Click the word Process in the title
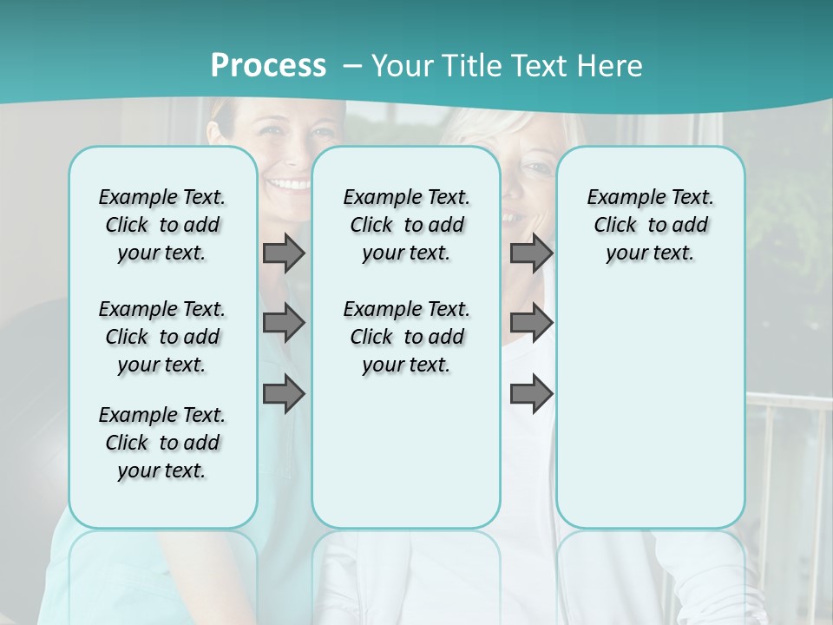[268, 66]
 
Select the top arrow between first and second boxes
[284, 253]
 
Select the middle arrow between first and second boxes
[284, 323]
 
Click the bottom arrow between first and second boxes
[284, 393]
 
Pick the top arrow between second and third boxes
[531, 253]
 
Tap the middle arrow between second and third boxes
[531, 323]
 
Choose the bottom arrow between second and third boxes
[531, 393]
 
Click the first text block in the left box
[162, 225]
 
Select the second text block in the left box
[162, 337]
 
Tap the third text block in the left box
[162, 443]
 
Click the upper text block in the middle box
[406, 225]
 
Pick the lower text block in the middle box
[406, 337]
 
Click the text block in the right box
[650, 225]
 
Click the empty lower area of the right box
[650, 408]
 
